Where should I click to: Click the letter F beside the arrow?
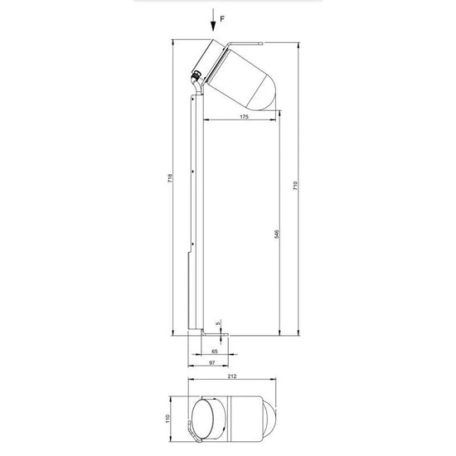click(222, 19)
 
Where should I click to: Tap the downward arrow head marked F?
click(213, 27)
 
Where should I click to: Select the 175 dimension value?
click(244, 117)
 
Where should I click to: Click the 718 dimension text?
click(170, 178)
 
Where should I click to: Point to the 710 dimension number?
click(295, 186)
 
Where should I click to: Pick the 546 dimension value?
click(277, 234)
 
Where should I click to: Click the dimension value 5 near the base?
click(219, 323)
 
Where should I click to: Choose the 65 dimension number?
click(215, 352)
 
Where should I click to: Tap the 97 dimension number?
click(212, 362)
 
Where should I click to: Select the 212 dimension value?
click(232, 376)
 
